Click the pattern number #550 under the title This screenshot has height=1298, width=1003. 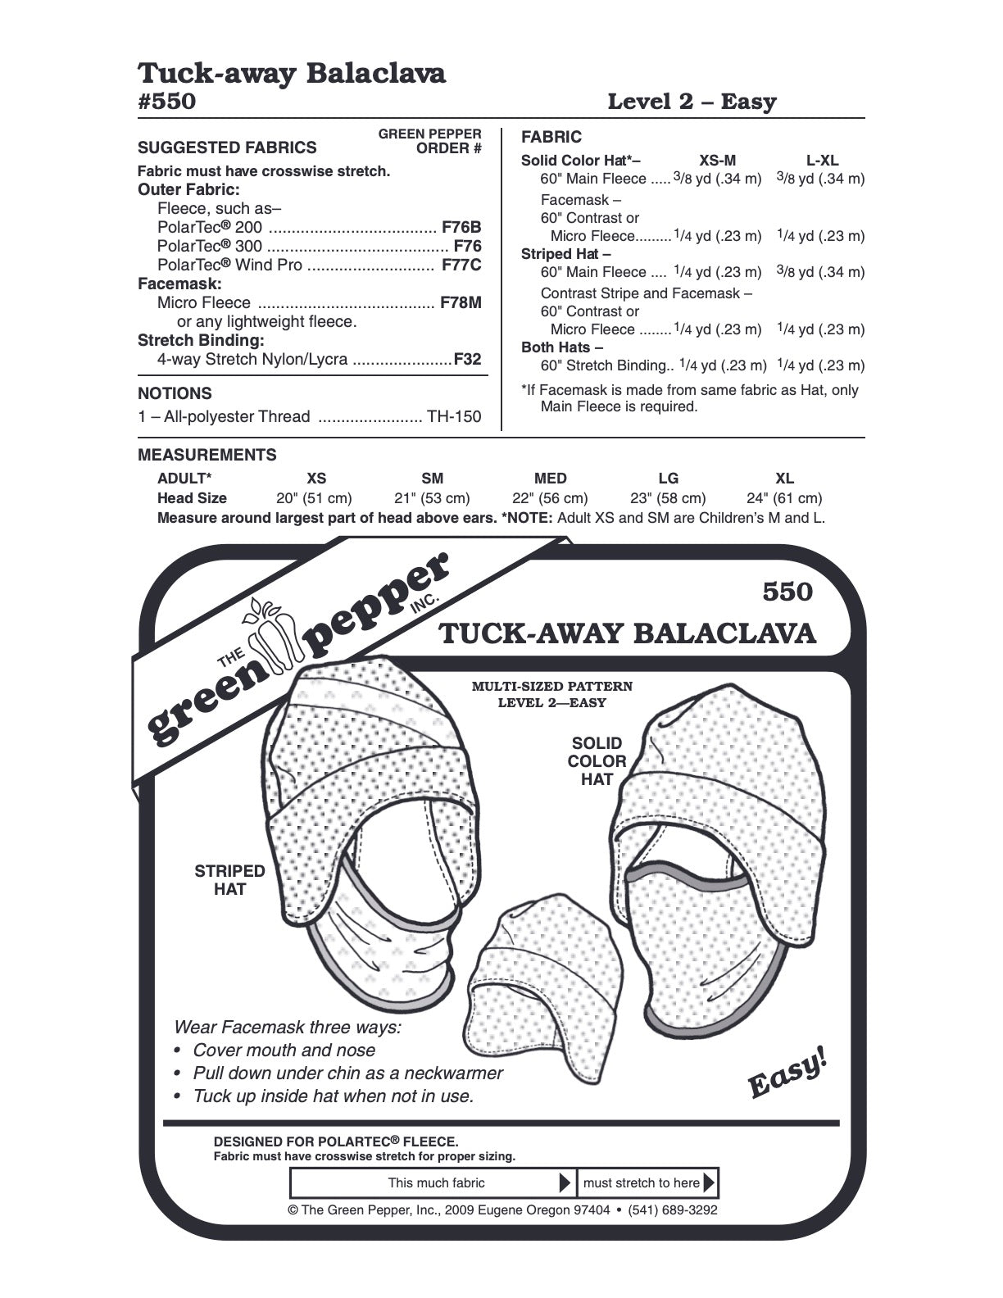point(167,102)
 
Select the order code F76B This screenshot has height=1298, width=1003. point(461,227)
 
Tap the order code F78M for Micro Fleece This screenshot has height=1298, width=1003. point(460,302)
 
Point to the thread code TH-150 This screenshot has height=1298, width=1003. point(454,416)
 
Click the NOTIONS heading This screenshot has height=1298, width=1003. point(175,393)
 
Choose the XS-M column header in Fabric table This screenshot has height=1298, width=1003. point(717,161)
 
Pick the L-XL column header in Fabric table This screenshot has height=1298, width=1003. point(822,161)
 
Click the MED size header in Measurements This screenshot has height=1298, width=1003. point(550,479)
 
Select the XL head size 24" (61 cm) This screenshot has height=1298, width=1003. point(784,498)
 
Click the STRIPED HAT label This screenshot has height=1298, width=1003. point(229,880)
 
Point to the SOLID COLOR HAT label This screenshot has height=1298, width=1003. point(597,761)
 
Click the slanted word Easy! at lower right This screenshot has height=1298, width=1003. point(787,1073)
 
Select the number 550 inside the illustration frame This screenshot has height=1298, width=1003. point(787,592)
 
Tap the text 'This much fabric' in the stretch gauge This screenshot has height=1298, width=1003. point(436,1182)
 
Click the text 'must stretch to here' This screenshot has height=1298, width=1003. point(641,1182)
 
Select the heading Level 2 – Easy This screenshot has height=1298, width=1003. point(692,102)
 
